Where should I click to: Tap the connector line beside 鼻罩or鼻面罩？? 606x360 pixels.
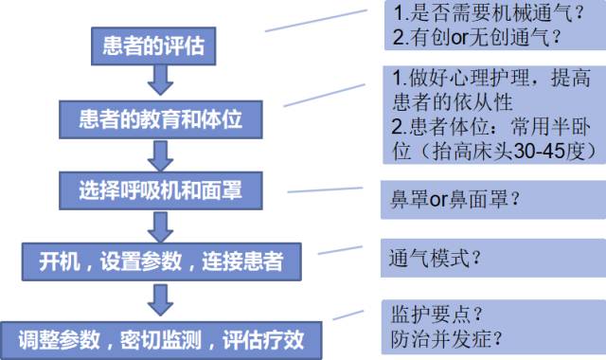click(x=327, y=190)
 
